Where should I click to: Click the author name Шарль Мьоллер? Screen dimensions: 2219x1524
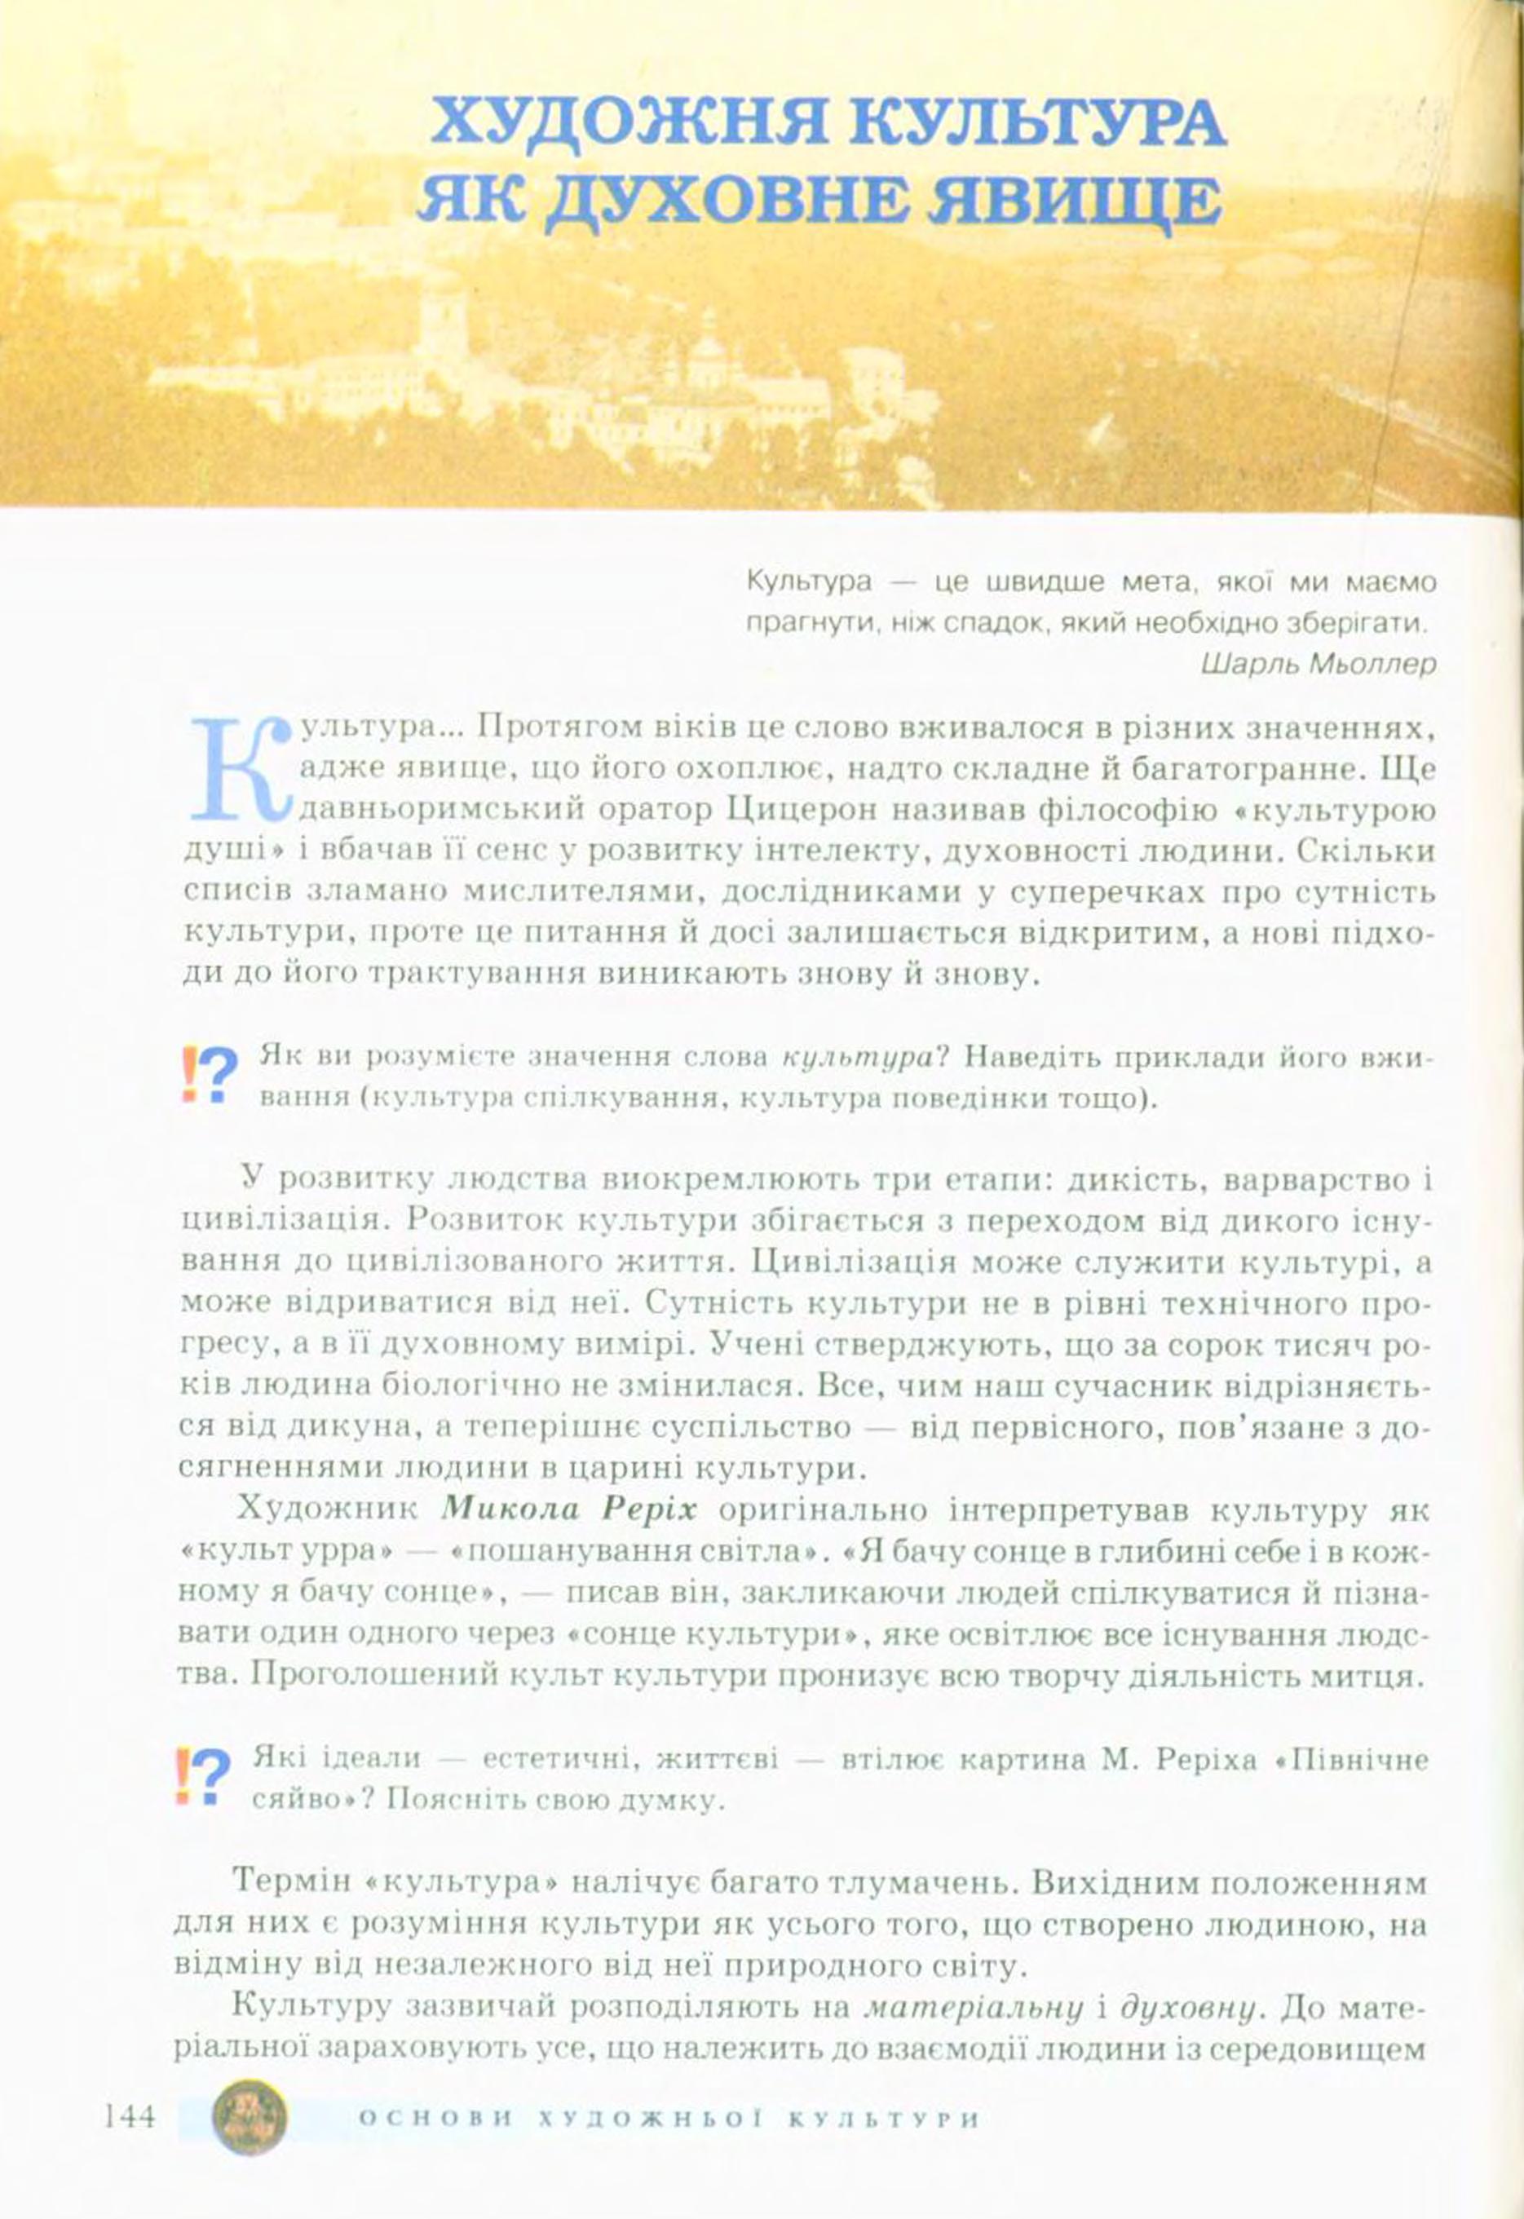[1317, 664]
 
